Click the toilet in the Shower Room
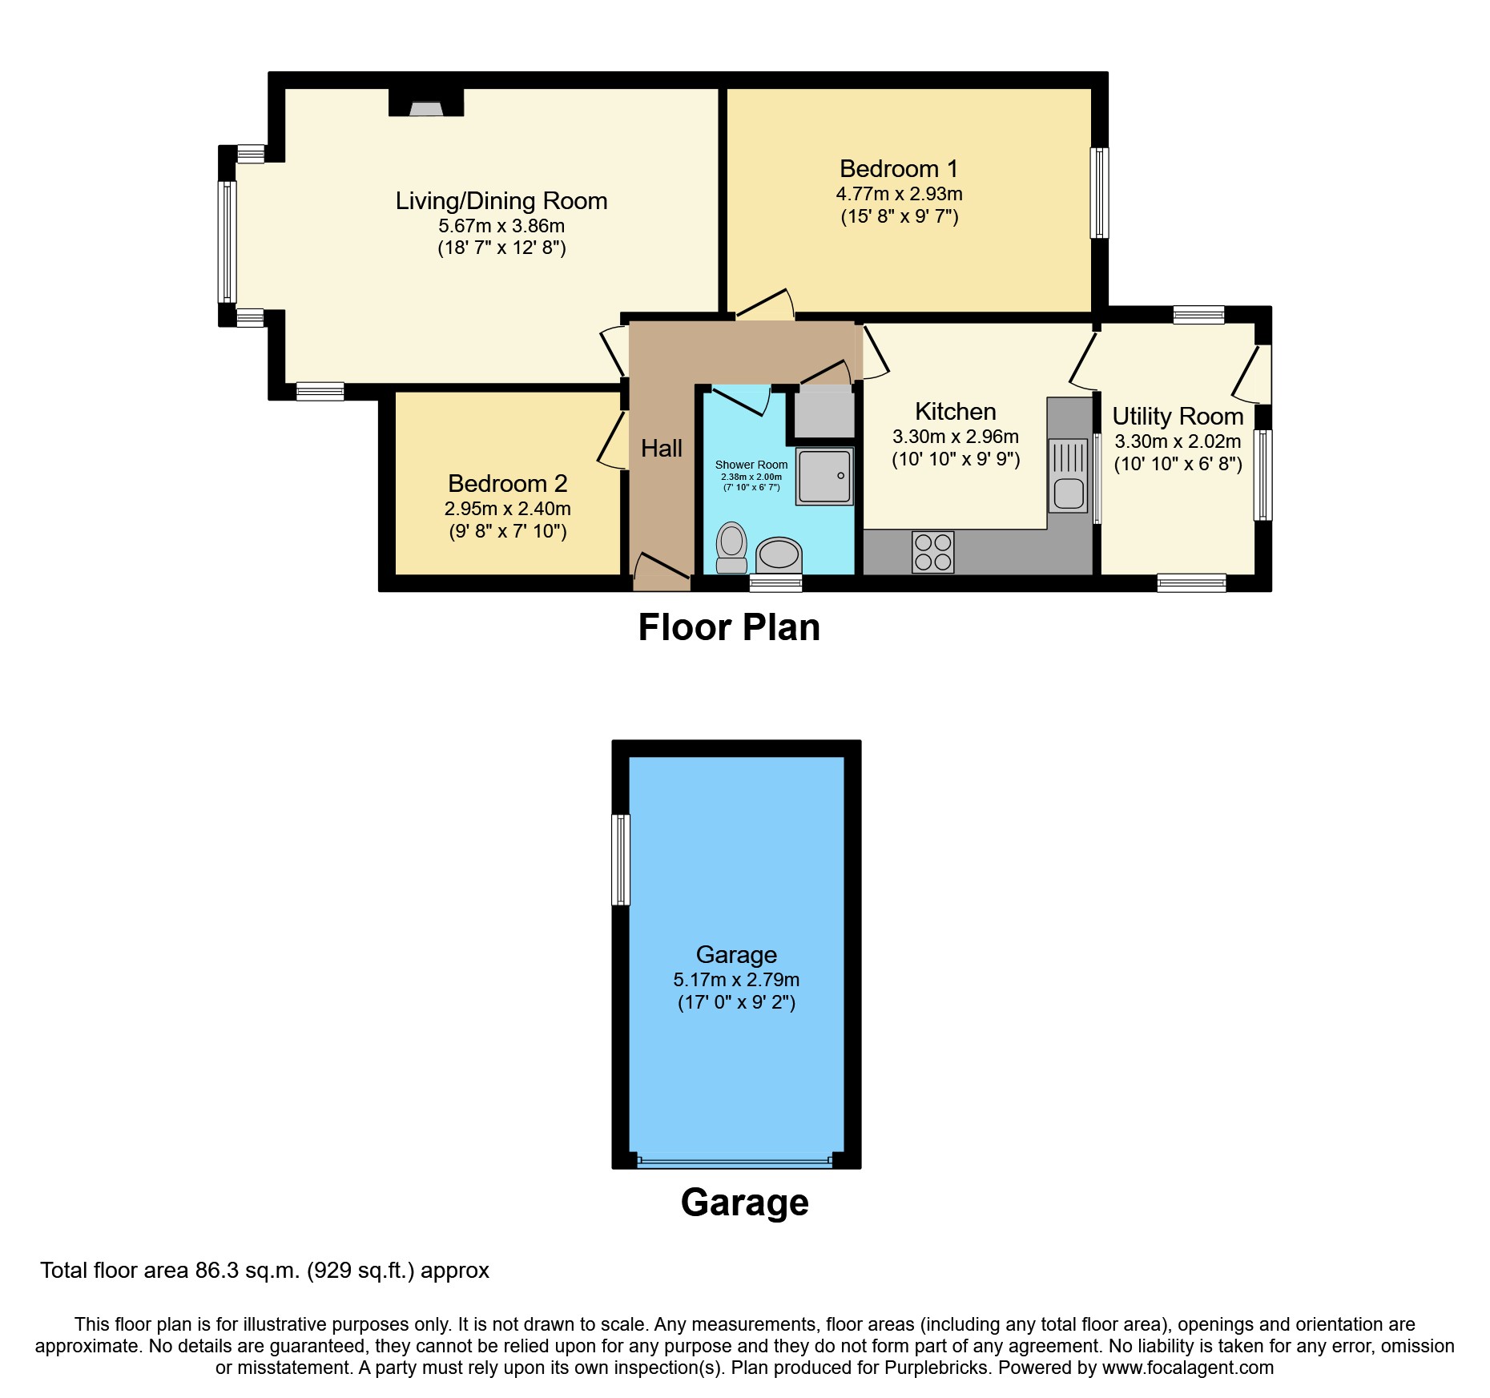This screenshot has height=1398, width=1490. [731, 547]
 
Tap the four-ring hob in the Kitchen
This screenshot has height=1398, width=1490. [932, 552]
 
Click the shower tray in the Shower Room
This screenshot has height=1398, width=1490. [824, 476]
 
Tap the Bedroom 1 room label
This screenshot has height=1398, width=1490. [898, 169]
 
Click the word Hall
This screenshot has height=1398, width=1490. [662, 449]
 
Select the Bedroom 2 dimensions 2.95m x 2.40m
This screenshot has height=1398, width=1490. [507, 509]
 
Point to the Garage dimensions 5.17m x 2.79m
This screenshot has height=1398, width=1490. [736, 980]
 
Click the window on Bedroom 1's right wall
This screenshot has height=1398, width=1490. [1100, 192]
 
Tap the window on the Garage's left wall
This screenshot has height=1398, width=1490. [621, 860]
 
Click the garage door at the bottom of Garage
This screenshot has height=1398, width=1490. [735, 1161]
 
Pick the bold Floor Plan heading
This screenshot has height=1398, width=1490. [729, 627]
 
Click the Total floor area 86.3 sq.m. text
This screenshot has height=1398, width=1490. [264, 1271]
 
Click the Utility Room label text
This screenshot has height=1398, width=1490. [1178, 417]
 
